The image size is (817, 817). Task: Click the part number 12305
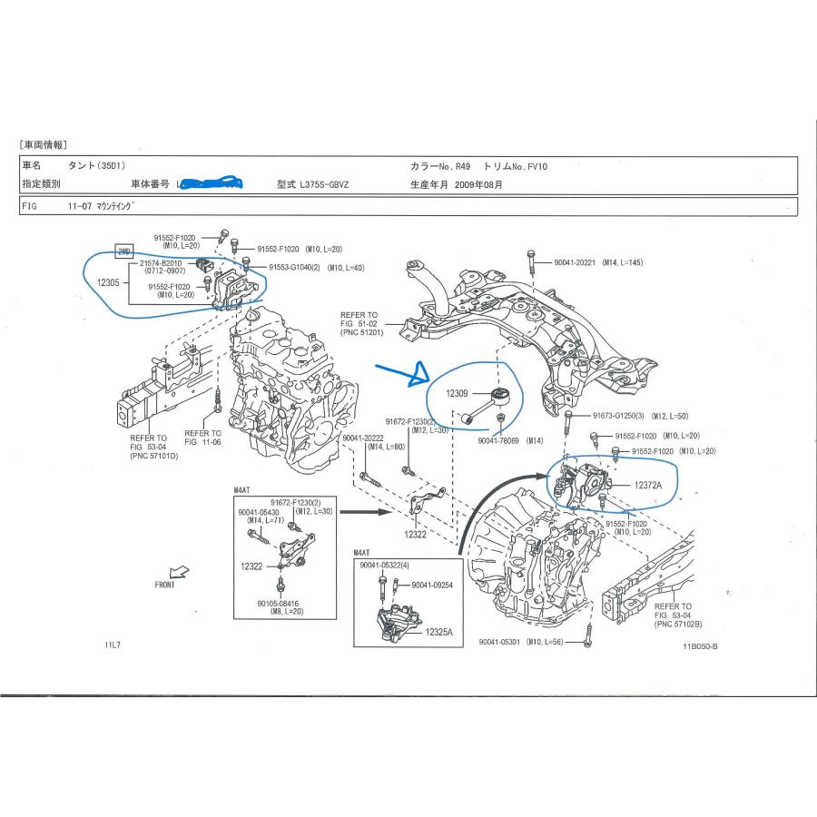pos(107,282)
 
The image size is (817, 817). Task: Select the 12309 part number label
pos(458,394)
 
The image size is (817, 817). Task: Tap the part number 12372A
pos(648,486)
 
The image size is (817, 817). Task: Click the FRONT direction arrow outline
pos(180,572)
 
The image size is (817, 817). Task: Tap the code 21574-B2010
pos(160,263)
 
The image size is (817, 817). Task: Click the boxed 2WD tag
pos(123,251)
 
